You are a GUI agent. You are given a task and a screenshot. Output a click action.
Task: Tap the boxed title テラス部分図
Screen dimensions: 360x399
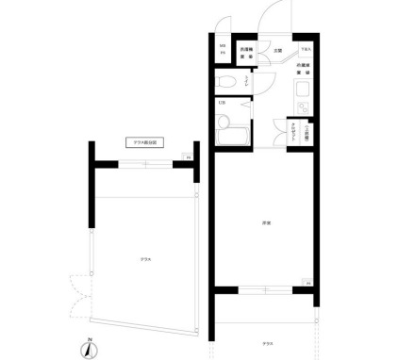146,142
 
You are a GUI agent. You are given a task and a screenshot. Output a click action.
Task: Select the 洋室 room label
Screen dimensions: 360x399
266,222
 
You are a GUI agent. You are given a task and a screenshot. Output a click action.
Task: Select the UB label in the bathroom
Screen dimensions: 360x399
222,102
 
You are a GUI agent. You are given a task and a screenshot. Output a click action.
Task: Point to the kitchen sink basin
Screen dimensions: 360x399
304,92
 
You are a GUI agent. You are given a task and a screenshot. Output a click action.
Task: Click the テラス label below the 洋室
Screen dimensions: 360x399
268,344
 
